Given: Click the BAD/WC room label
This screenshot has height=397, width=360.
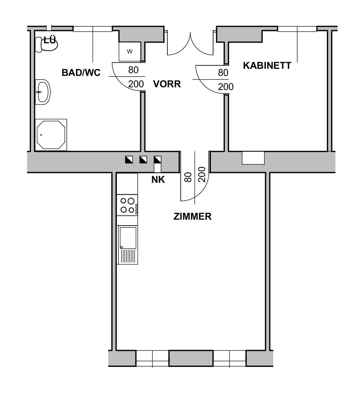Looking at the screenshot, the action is coord(81,73).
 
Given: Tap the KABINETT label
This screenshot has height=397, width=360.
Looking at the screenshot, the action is coord(267,65).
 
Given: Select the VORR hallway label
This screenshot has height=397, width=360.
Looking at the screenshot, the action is coord(167,84).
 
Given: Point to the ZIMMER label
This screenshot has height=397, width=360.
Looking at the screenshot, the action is coord(192,217).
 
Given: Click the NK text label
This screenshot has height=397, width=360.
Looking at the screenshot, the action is coord(158,180).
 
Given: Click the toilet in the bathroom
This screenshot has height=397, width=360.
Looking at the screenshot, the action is coord(46,45).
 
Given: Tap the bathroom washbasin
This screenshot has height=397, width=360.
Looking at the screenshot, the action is coord(43,92).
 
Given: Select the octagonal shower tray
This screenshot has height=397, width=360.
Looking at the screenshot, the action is coord(51,135).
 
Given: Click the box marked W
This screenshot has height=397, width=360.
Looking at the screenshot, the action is coord(130,51).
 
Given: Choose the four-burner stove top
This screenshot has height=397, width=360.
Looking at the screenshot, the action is coord(127,205).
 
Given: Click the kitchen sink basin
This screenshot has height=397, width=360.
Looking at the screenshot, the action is coord(128,238).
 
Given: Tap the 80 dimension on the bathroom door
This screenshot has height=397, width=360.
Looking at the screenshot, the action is coord(133,70).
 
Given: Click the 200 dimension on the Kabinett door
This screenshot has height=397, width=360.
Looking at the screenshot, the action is coord(226,87).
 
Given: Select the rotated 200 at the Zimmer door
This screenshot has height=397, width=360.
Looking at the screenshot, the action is coord(202,174).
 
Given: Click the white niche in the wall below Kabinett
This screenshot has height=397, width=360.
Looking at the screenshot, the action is coord(253,158).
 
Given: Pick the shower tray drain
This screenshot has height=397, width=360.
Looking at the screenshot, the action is coord(41,135).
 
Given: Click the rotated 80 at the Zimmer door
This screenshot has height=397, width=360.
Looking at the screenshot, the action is coord(188,177).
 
